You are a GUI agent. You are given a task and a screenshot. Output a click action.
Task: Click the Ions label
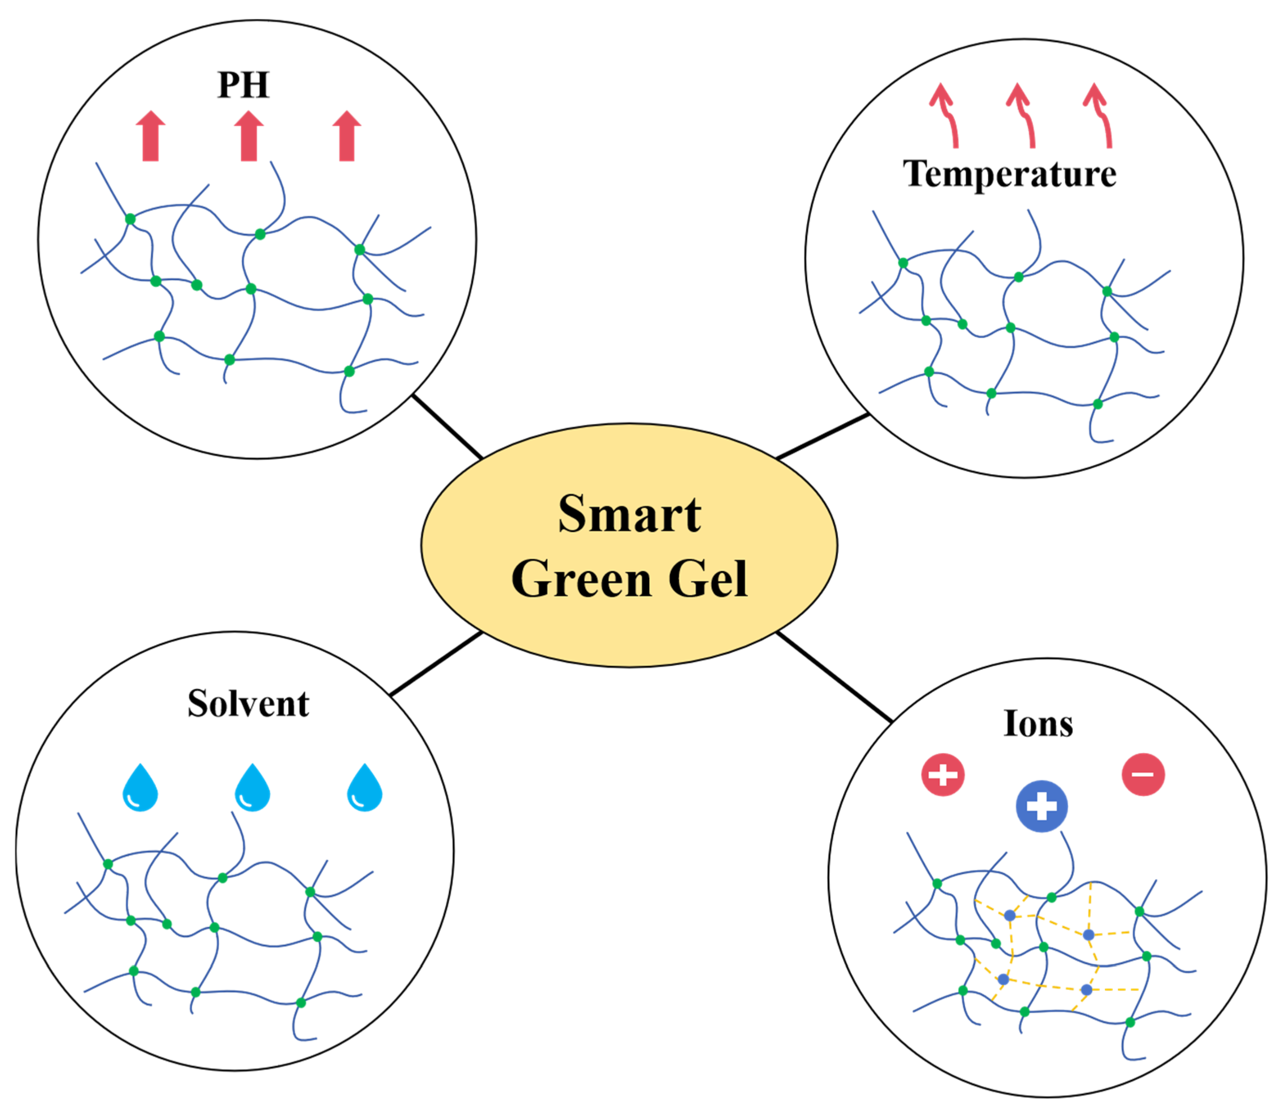[1038, 724]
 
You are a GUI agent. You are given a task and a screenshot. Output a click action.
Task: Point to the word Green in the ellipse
[582, 579]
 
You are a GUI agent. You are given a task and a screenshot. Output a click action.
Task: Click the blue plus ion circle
[1042, 806]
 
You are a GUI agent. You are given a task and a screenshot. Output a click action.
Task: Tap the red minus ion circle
[1143, 774]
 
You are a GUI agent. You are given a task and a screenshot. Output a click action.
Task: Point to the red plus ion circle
[943, 775]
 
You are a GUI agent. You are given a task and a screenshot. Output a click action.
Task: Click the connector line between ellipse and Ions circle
[834, 677]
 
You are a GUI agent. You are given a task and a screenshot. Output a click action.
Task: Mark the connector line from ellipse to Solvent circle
[437, 663]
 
